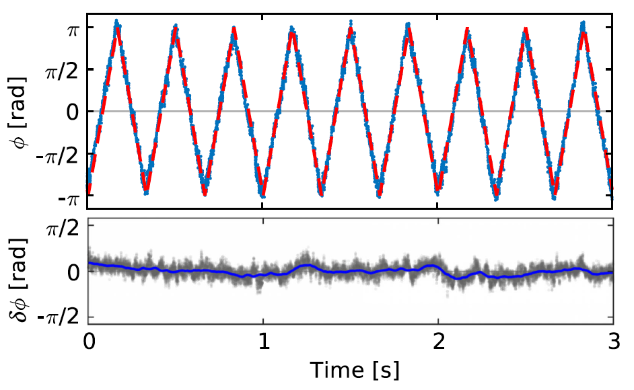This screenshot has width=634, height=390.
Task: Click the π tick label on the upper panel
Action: coord(71,29)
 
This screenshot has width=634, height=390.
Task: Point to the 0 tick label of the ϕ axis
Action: coord(71,111)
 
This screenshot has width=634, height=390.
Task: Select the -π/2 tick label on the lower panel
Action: coord(61,315)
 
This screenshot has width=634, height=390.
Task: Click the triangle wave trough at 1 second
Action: coord(263,195)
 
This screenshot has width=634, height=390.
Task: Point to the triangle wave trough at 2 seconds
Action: coord(437,190)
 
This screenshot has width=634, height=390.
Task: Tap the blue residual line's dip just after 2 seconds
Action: coord(459,278)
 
